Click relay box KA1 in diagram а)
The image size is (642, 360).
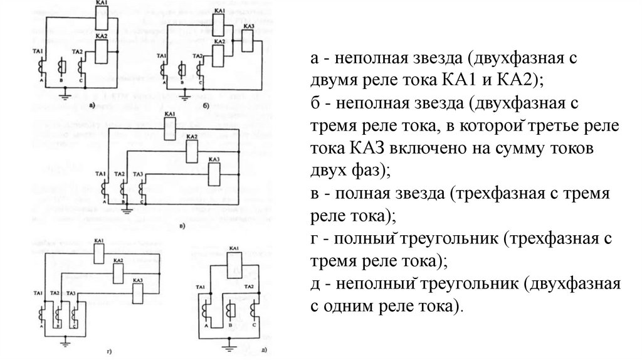click(x=102, y=19)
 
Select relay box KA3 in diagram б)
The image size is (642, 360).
click(x=248, y=42)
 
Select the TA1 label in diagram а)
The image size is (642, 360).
click(x=38, y=50)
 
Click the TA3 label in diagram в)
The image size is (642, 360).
click(x=138, y=173)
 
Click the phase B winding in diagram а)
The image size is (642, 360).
click(x=60, y=68)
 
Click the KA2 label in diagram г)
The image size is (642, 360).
click(x=117, y=260)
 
